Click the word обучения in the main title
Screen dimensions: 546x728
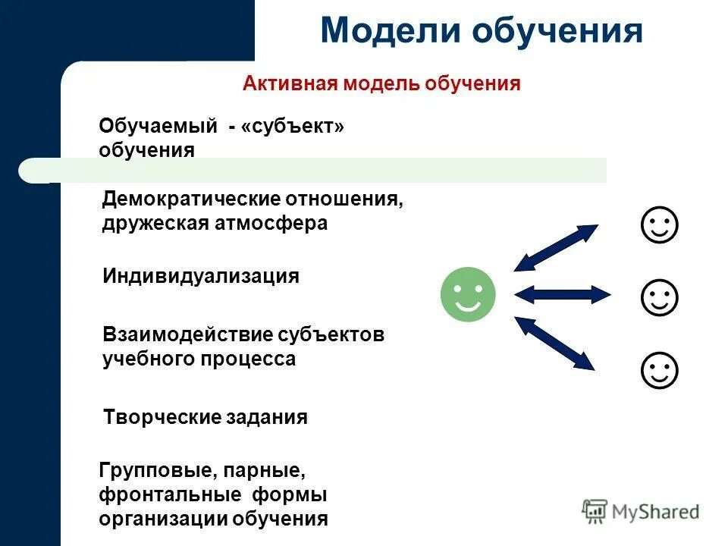(x=558, y=33)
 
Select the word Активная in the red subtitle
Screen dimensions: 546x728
(x=289, y=83)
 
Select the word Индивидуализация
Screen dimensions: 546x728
(x=201, y=276)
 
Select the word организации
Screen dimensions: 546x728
(x=162, y=519)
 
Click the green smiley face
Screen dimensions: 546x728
(x=468, y=294)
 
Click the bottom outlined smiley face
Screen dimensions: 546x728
(x=659, y=370)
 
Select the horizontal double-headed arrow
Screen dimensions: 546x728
(x=562, y=294)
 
